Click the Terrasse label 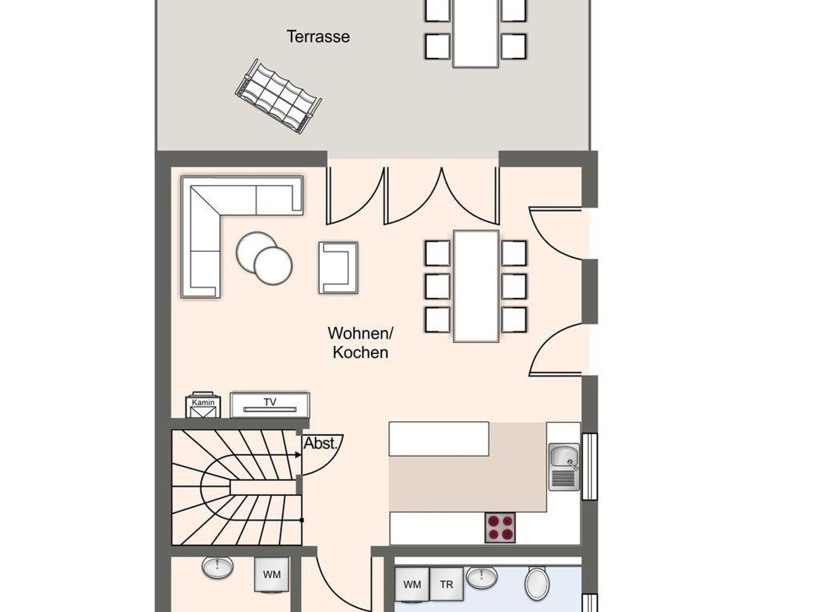(318, 37)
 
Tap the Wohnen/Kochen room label (360, 343)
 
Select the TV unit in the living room (270, 405)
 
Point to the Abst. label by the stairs (320, 443)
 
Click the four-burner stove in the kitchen (500, 527)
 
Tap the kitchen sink (564, 467)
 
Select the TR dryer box (446, 584)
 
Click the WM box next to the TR (412, 584)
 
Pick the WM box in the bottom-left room (272, 575)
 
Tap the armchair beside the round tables (338, 268)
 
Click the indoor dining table (476, 286)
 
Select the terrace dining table (476, 33)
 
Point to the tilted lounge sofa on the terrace (278, 96)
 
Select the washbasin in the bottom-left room (217, 567)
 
